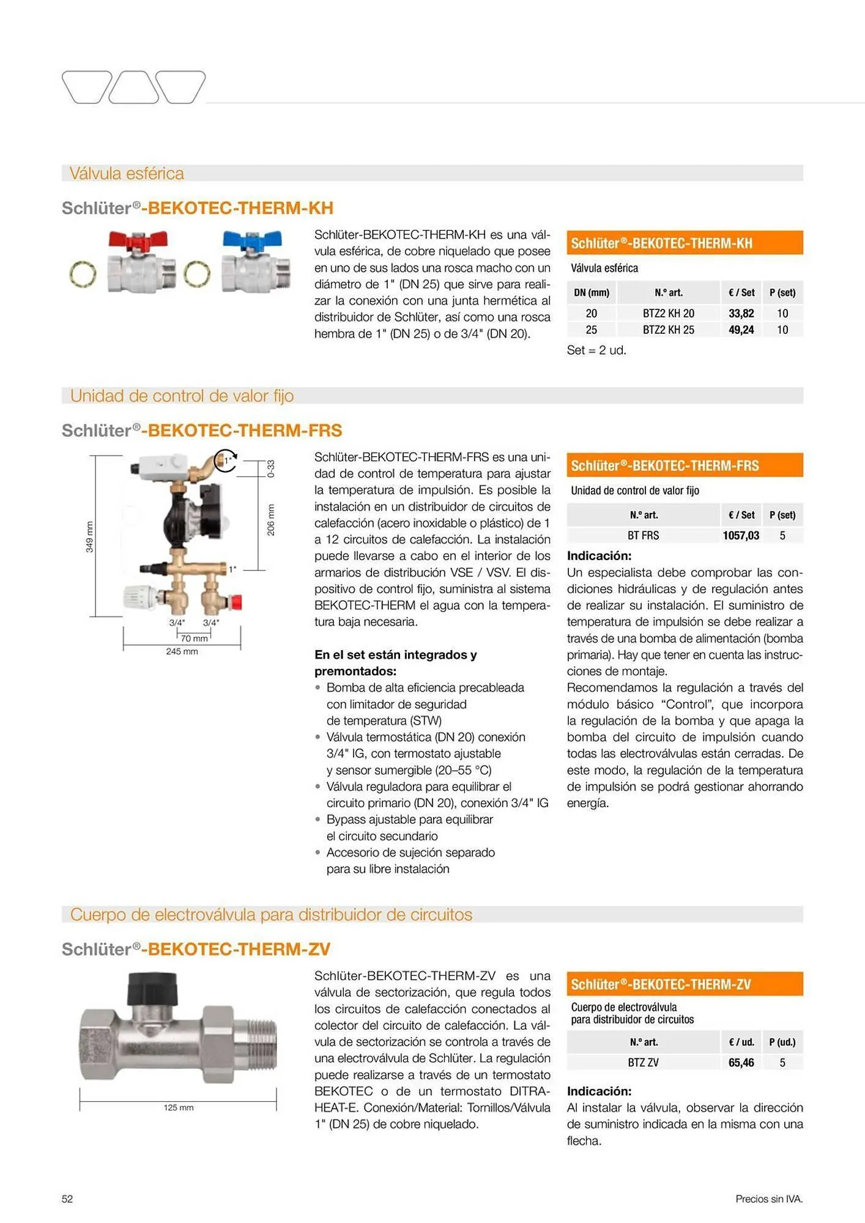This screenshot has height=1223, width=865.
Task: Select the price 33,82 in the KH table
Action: [741, 314]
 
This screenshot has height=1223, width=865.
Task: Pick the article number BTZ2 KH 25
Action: [668, 330]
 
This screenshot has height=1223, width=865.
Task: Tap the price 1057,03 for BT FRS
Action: [741, 536]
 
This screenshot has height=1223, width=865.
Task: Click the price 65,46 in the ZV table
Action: [741, 1063]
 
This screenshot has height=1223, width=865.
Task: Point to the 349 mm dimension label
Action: [89, 537]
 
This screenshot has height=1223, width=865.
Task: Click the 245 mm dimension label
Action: [182, 652]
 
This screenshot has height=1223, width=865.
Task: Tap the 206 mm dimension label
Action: [271, 520]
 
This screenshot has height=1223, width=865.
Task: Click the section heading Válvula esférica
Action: [127, 174]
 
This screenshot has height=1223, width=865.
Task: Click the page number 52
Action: [67, 1199]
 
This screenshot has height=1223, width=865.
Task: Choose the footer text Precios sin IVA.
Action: [769, 1199]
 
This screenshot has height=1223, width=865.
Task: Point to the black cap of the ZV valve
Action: [152, 988]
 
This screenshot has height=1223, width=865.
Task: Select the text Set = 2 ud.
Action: [596, 350]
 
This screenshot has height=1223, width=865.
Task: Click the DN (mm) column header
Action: [592, 293]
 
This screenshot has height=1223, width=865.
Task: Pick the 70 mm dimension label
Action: [194, 638]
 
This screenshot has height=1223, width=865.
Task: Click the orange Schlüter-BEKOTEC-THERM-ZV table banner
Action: [685, 985]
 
